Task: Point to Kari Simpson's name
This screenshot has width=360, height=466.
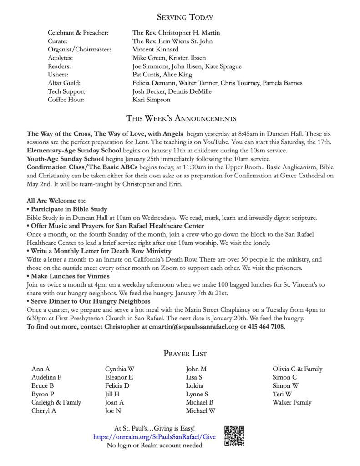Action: pyautogui.click(x=152, y=100)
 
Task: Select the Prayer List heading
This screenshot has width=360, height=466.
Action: pyautogui.click(x=184, y=353)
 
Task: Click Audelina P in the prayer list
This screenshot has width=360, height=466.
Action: pyautogui.click(x=46, y=377)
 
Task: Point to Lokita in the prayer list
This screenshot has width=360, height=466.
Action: pyautogui.click(x=194, y=385)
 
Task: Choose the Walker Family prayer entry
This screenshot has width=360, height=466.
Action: pyautogui.click(x=292, y=402)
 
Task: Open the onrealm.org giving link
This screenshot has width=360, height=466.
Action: pyautogui.click(x=154, y=437)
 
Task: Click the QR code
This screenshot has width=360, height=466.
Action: pyautogui.click(x=235, y=436)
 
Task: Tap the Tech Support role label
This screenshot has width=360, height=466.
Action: pyautogui.click(x=66, y=91)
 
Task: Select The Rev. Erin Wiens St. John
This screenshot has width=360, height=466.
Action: pyautogui.click(x=172, y=41)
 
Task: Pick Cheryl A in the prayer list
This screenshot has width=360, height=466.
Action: pyautogui.click(x=44, y=410)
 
